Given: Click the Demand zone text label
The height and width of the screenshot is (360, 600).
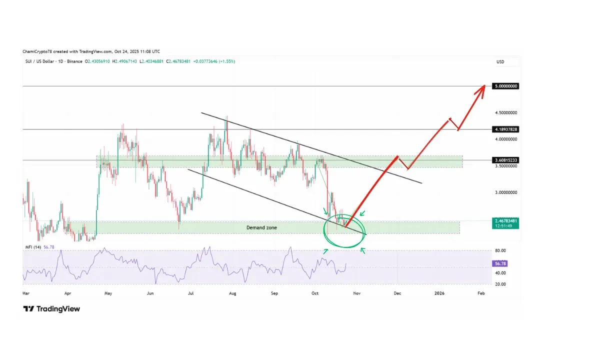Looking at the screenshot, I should point(261,227).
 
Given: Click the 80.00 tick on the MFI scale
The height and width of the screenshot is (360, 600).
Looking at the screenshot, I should point(500,250).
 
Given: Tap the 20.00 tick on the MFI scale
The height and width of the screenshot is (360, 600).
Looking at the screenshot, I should point(500,284).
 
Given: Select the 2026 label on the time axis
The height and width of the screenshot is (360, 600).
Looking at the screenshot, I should point(439,294).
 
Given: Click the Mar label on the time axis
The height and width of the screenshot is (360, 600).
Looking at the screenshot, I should point(26,294).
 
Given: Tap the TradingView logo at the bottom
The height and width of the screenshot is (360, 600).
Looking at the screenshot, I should point(51,309).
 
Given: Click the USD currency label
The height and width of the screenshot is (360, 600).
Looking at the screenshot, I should point(500,61).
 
